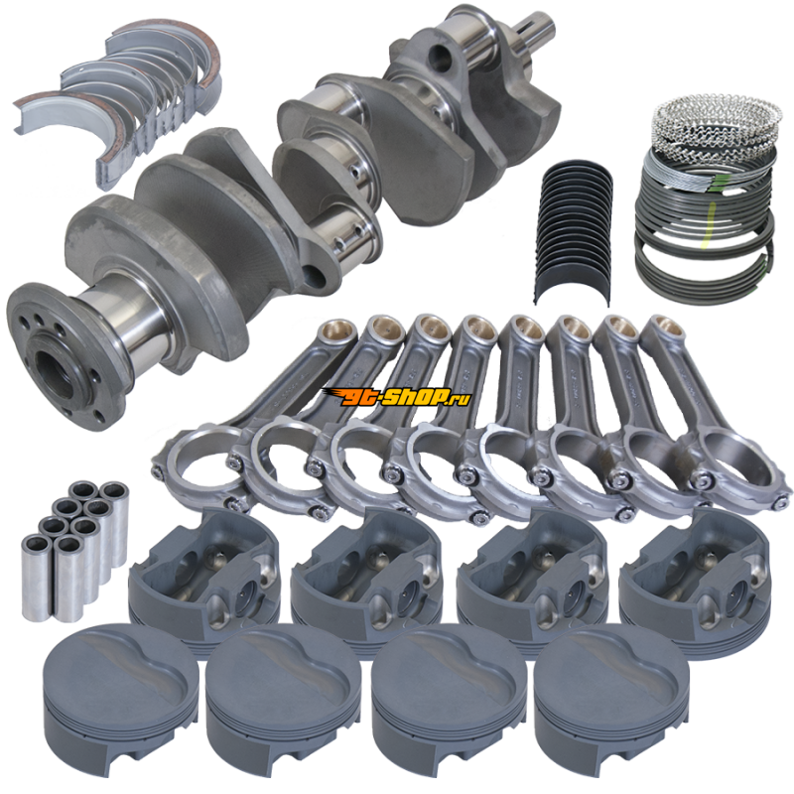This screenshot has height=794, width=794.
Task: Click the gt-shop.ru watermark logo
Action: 396,397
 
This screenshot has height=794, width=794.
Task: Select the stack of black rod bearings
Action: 574,231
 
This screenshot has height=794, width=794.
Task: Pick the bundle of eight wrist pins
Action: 75,550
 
